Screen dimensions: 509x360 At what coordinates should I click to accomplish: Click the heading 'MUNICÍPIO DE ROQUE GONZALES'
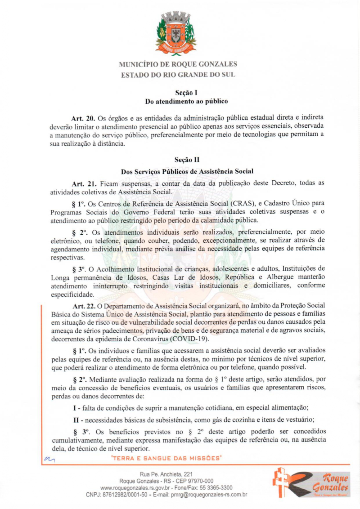(x=178, y=64)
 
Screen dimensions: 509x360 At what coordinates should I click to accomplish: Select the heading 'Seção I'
(x=180, y=92)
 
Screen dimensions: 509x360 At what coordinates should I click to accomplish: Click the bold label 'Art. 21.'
(x=84, y=184)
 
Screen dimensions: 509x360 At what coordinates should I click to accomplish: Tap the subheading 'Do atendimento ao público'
(x=180, y=102)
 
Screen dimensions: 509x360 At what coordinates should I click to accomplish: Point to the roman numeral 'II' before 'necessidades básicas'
(x=76, y=420)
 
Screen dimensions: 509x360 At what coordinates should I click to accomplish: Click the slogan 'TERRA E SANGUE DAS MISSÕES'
(x=166, y=459)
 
